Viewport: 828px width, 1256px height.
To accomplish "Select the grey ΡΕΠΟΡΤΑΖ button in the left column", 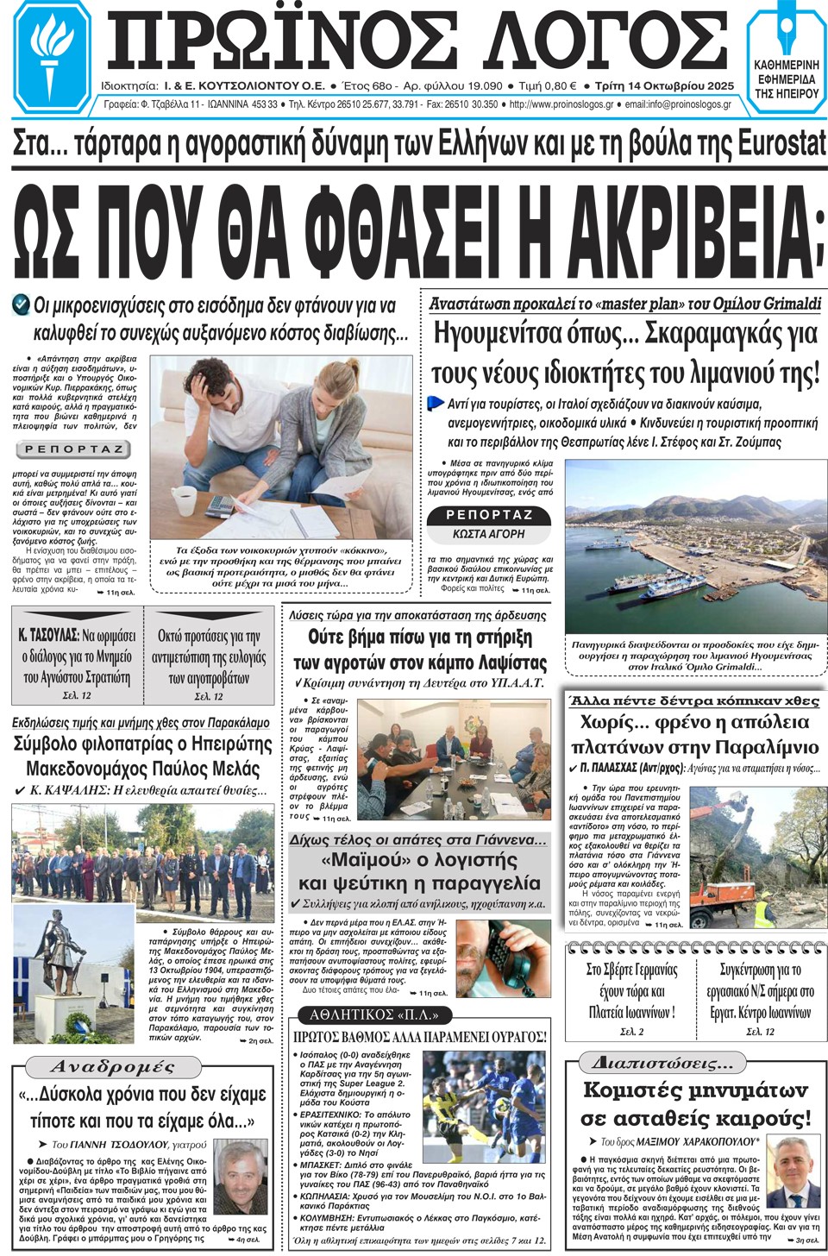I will coord(73,449).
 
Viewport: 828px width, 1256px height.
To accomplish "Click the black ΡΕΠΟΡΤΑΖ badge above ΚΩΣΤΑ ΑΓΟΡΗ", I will coord(488,515).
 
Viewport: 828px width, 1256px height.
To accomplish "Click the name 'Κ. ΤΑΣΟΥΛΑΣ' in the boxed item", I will coord(47,636).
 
